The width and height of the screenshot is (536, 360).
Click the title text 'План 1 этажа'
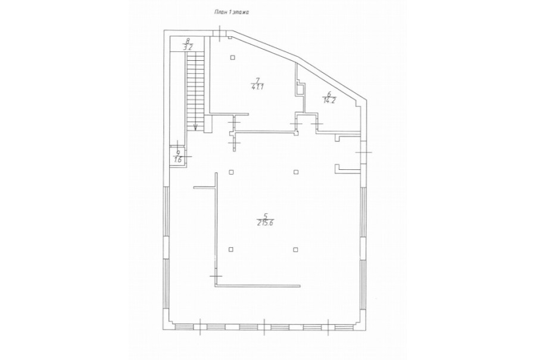click(x=232, y=13)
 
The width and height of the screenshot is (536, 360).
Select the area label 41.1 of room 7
click(x=257, y=87)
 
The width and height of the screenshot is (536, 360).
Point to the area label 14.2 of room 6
click(x=329, y=100)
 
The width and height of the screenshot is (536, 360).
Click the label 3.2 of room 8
click(x=188, y=48)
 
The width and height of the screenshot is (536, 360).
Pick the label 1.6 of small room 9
click(x=178, y=159)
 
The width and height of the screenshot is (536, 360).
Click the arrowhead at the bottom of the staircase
click(x=195, y=128)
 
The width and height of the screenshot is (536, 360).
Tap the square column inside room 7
click(x=232, y=57)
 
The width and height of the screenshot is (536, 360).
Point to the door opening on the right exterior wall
click(x=363, y=151)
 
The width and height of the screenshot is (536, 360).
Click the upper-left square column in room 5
click(x=231, y=172)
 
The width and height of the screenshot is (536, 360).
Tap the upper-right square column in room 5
click(x=296, y=172)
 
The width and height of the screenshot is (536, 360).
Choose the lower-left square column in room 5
click(x=231, y=249)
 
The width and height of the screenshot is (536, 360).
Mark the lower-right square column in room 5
click(x=296, y=249)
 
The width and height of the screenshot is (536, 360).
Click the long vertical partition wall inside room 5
click(x=216, y=229)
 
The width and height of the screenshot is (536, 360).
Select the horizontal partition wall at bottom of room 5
click(x=257, y=285)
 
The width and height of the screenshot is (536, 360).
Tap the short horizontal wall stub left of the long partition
click(x=204, y=187)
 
